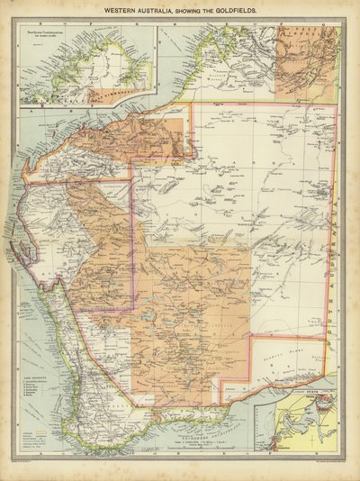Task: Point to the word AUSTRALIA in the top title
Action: [163, 11]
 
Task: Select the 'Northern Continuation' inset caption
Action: [49, 38]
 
